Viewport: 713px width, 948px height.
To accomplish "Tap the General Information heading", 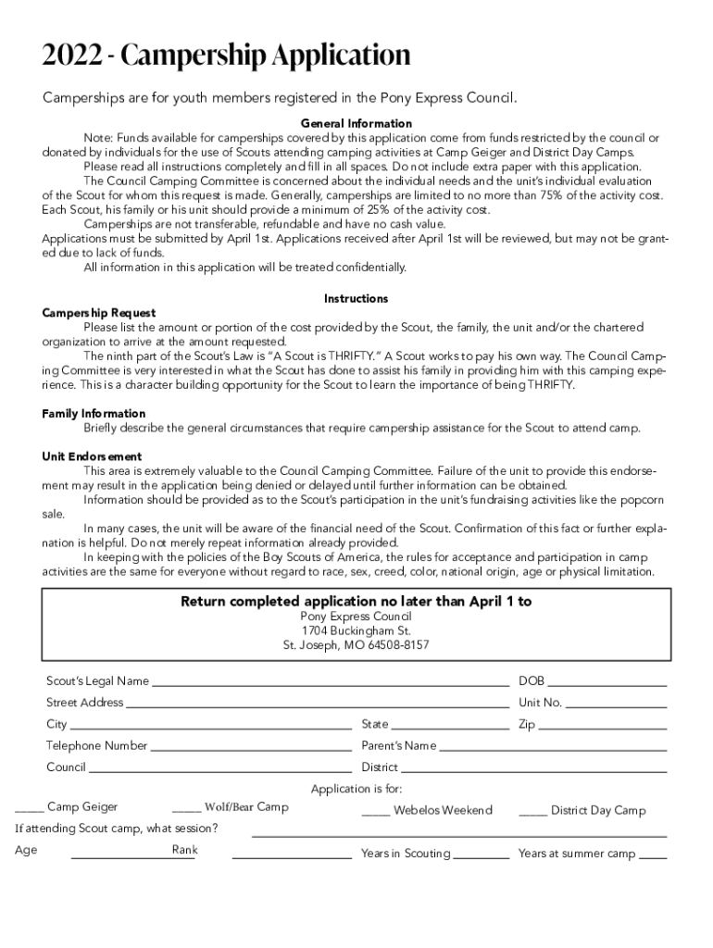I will coord(356,123).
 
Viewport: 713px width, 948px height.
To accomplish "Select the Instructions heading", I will coord(356,299).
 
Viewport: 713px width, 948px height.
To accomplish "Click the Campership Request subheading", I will coord(99,313).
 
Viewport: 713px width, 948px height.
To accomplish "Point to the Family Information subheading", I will coord(94,414).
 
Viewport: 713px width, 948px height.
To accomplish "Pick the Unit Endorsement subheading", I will coord(92,456).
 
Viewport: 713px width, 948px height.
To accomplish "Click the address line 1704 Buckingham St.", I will coord(356,630).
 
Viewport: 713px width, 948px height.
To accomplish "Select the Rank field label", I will coord(184,850).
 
